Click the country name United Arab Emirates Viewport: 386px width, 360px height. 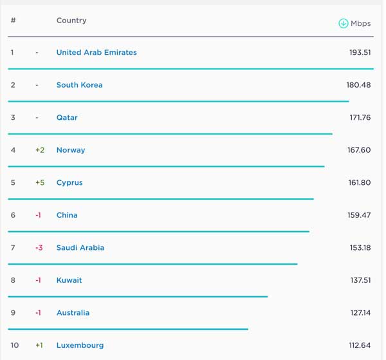(x=96, y=53)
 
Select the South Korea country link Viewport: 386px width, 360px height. (x=79, y=85)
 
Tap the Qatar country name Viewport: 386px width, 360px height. (x=67, y=118)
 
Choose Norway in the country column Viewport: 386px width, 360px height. (x=71, y=150)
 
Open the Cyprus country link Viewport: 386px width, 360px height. (x=69, y=183)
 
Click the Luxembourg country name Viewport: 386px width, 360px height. (x=80, y=345)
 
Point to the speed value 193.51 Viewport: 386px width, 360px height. (x=360, y=53)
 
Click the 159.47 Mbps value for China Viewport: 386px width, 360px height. (x=359, y=215)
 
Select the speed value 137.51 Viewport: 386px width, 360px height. (x=359, y=280)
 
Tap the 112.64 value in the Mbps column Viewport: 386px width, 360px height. (x=359, y=345)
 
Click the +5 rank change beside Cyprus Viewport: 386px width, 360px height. (x=40, y=183)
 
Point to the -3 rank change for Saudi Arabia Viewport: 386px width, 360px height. (x=39, y=248)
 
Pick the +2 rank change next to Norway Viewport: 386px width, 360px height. (x=40, y=150)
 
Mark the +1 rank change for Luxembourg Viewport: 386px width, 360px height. (x=39, y=345)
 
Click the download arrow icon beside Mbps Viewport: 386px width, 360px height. (x=343, y=23)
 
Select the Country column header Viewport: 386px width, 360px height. (x=71, y=21)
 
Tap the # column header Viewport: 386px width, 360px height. (x=13, y=21)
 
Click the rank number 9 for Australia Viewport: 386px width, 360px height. (x=13, y=313)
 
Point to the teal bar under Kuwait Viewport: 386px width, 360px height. (x=138, y=296)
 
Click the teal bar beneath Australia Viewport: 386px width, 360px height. (x=128, y=329)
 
